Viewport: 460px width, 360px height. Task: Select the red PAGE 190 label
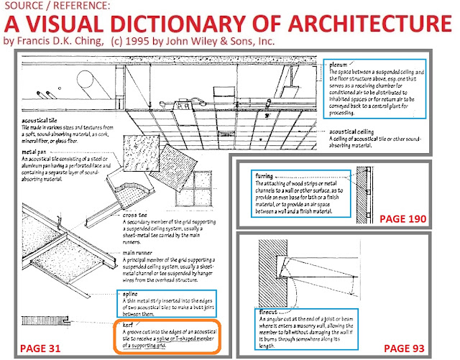point(404,218)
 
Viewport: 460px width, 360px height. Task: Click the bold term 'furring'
point(267,175)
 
